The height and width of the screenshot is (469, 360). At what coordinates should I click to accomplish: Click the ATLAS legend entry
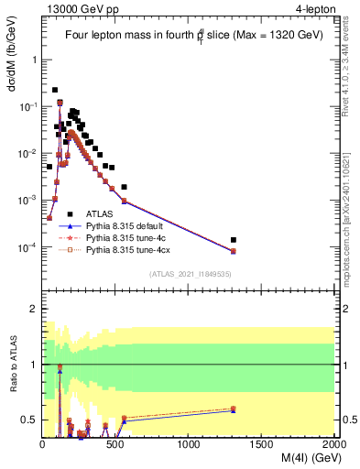coord(101,213)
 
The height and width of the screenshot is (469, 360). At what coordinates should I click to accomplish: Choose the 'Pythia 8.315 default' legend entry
coord(127,224)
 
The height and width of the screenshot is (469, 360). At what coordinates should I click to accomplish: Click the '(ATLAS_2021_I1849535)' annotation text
coord(190,273)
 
